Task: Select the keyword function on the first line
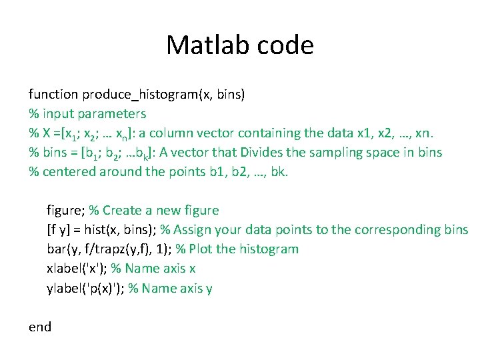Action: (53, 94)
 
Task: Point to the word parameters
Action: (114, 113)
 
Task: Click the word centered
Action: (69, 171)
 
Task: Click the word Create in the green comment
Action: (122, 211)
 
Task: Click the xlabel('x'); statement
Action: (77, 269)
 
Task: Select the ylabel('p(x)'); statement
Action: (85, 288)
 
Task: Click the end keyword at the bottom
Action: (39, 327)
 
